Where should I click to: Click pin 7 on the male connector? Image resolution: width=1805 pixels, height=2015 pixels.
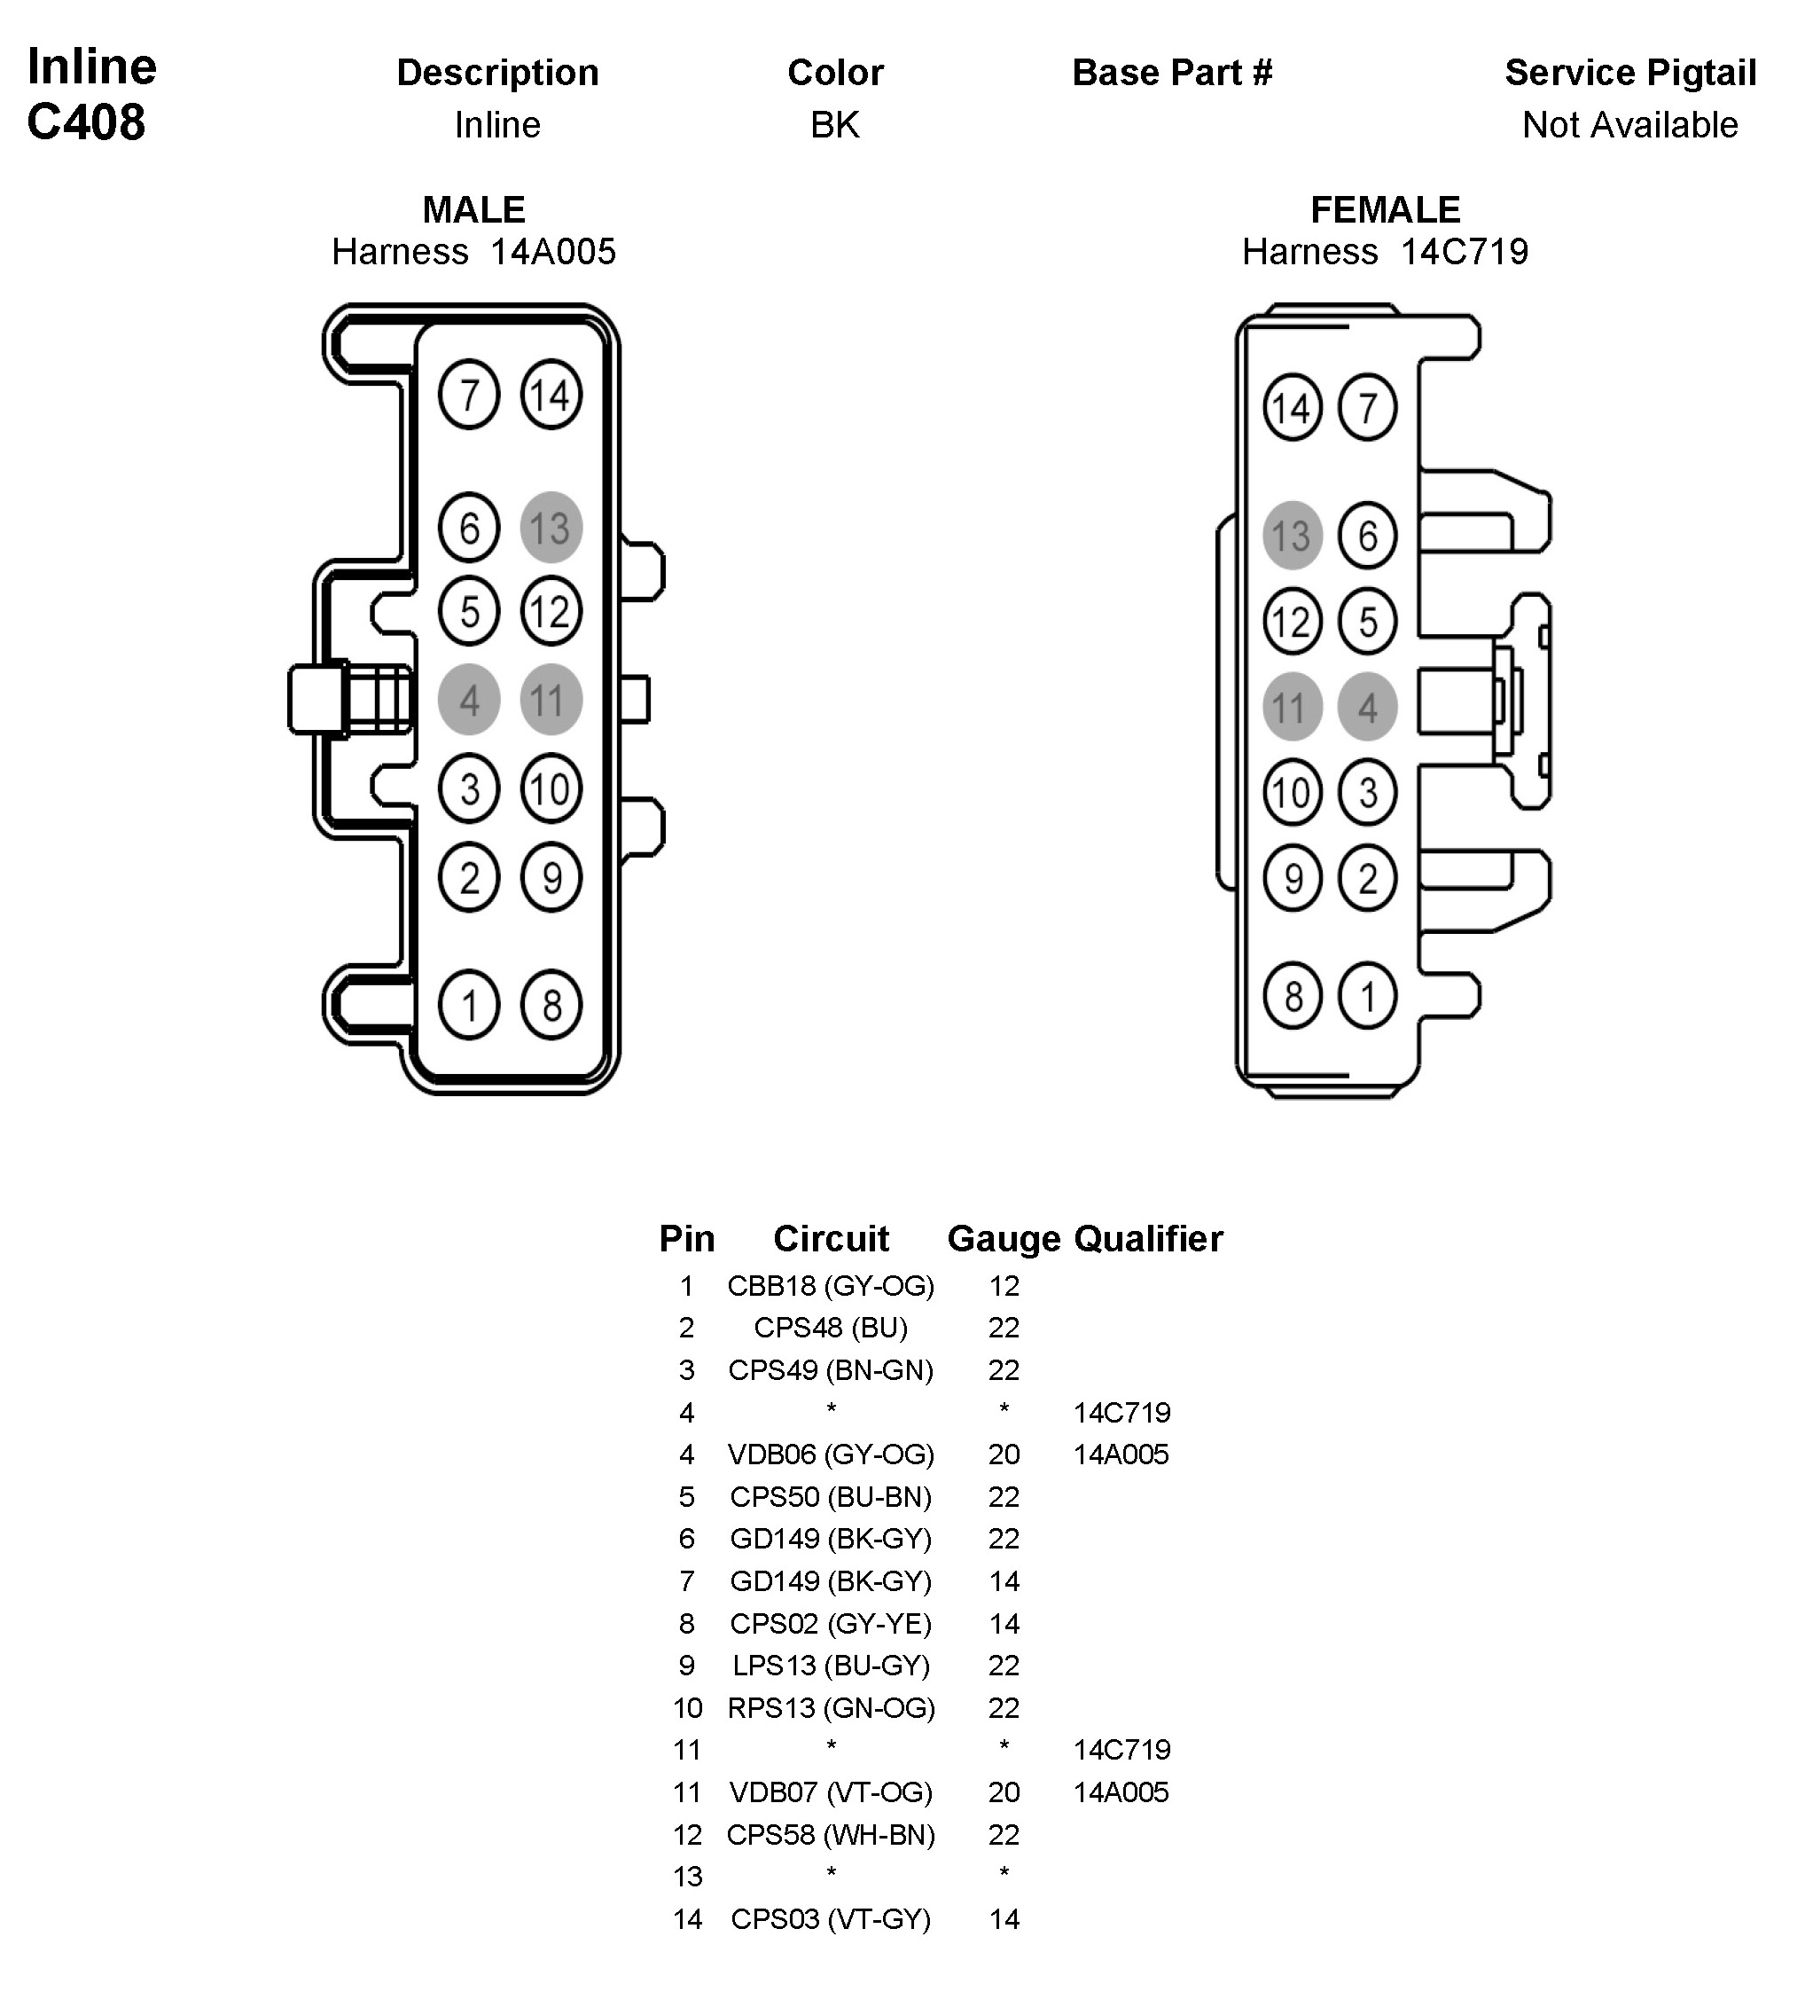(x=468, y=395)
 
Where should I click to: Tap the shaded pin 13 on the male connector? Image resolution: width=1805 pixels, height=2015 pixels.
(x=551, y=528)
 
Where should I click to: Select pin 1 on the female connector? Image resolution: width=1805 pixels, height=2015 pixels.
(x=1368, y=995)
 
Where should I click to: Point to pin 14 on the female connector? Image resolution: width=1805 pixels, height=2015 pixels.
(x=1292, y=408)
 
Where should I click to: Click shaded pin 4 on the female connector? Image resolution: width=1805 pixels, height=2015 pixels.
(x=1368, y=708)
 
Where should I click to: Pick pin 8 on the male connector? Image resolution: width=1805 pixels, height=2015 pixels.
(x=551, y=1005)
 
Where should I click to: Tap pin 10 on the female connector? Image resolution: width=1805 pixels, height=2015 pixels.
(x=1292, y=793)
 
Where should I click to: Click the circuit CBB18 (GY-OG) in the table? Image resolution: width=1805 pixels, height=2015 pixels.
(x=830, y=1286)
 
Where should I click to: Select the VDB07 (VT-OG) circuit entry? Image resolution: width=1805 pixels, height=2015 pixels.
(x=830, y=1792)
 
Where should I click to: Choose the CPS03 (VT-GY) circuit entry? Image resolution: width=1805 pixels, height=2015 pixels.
(x=830, y=1918)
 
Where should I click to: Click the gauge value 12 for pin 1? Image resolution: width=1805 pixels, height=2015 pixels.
(x=1004, y=1286)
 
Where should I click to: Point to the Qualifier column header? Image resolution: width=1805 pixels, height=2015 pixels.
(x=1147, y=1238)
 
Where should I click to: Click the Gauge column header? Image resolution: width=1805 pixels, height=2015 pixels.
(x=1003, y=1238)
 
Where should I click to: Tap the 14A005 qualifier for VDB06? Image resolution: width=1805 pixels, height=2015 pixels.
(x=1121, y=1454)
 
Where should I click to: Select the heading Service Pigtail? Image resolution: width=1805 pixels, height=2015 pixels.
(x=1629, y=73)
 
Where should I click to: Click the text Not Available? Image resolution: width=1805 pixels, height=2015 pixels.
(x=1629, y=125)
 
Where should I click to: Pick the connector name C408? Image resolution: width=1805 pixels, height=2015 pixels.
(x=86, y=122)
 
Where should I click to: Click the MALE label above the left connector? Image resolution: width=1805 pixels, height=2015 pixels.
(x=473, y=209)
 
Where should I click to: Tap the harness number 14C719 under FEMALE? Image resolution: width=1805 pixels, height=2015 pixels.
(x=1464, y=252)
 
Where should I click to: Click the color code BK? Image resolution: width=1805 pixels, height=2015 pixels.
(x=834, y=125)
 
